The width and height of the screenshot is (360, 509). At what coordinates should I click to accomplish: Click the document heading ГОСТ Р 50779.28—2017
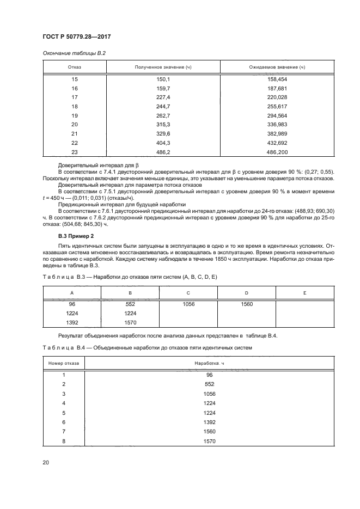(81, 37)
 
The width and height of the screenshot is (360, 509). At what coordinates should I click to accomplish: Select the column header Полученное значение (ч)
(160, 67)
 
